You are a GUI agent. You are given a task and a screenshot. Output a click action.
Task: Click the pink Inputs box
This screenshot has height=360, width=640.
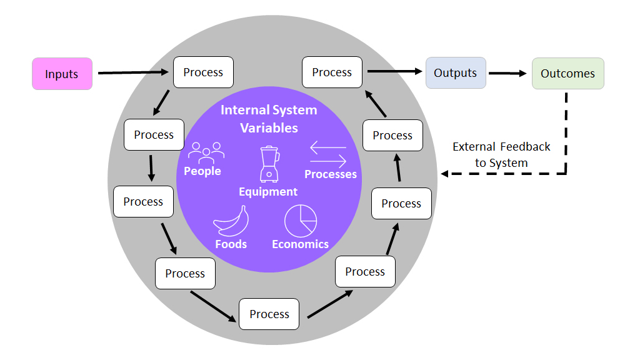[62, 74]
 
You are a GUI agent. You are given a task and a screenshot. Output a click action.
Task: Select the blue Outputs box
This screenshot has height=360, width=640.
[456, 72]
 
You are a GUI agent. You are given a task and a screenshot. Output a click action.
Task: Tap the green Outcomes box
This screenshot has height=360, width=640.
[567, 74]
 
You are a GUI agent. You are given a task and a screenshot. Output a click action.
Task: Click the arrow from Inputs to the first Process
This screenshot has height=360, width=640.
[133, 72]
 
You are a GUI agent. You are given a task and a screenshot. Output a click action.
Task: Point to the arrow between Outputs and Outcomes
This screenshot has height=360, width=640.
[507, 73]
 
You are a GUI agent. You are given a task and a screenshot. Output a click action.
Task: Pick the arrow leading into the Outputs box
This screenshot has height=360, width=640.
[394, 71]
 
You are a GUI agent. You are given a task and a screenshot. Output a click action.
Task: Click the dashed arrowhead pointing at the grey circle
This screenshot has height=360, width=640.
[445, 174]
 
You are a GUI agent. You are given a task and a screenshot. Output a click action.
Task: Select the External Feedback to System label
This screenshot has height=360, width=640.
[501, 155]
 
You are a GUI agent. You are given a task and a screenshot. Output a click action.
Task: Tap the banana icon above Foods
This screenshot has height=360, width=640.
[231, 221]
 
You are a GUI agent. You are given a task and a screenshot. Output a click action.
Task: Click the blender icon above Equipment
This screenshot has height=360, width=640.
[269, 164]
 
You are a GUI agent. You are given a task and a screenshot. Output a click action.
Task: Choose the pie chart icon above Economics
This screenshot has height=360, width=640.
[301, 221]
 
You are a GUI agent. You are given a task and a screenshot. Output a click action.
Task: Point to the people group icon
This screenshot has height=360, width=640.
[206, 153]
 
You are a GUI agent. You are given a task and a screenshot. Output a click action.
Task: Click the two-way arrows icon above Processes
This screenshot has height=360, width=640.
[328, 154]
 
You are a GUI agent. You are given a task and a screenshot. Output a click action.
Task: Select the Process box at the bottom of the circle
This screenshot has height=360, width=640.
[269, 314]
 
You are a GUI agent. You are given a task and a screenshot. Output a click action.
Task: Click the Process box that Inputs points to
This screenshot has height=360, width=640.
[203, 72]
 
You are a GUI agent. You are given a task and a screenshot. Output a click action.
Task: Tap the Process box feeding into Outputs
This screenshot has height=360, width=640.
[332, 72]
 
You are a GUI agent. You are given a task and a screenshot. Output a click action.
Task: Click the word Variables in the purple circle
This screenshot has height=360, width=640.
[269, 128]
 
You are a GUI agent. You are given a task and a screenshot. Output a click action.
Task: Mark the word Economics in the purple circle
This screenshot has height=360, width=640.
[301, 244]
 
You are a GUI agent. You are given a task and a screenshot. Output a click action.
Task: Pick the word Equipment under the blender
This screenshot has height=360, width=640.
[268, 192]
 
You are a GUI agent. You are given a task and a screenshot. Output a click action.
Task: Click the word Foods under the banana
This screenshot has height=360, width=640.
[231, 244]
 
